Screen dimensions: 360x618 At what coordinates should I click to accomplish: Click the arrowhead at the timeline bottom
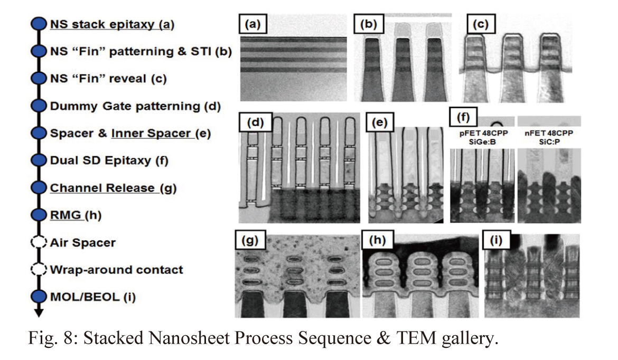coord(38,312)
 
